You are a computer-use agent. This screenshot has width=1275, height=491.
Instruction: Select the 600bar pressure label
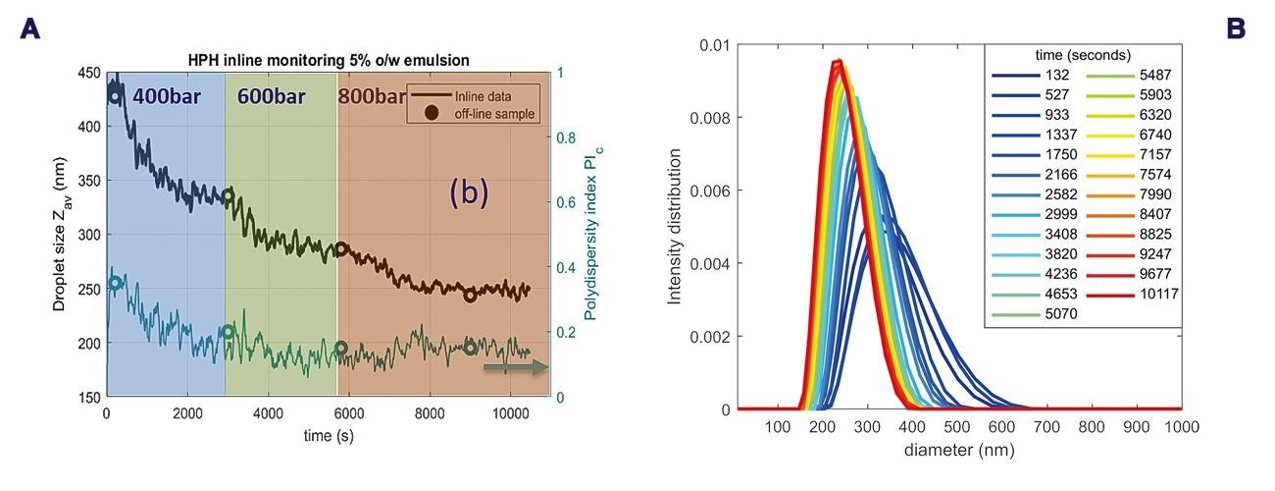click(x=272, y=98)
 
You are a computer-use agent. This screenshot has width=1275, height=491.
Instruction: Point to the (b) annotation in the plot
click(x=468, y=193)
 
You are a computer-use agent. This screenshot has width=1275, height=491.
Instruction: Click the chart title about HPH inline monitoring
click(x=329, y=60)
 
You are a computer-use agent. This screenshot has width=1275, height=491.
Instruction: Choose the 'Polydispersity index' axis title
click(x=591, y=236)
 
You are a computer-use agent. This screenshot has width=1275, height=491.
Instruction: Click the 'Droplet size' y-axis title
click(x=60, y=236)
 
